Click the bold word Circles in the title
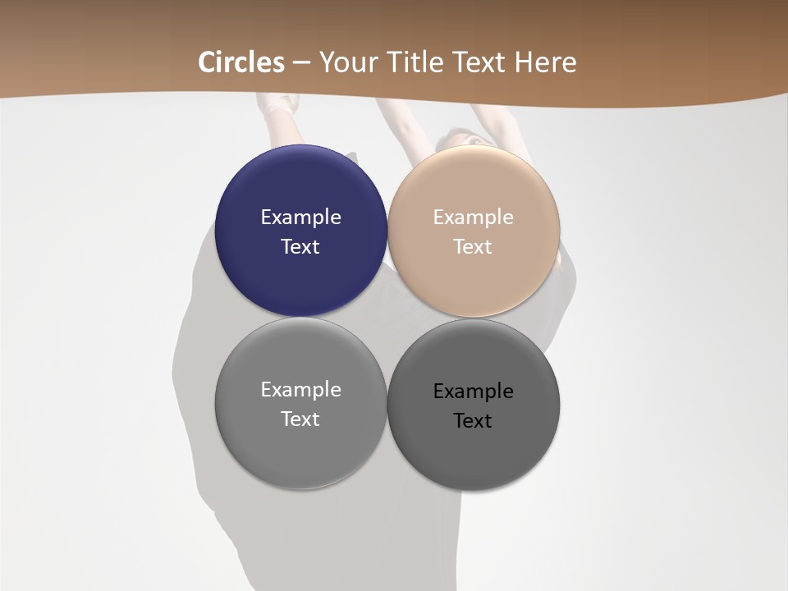[x=241, y=62]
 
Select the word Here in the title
[x=545, y=62]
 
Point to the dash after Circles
[x=301, y=62]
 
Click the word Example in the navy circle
[x=300, y=217]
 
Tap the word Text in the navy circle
[x=300, y=246]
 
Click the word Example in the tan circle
[x=474, y=217]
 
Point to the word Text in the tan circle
[x=474, y=246]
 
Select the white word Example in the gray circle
[x=300, y=389]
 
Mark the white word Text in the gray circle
[x=300, y=419]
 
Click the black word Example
[x=474, y=391]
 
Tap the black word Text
[x=474, y=420]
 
